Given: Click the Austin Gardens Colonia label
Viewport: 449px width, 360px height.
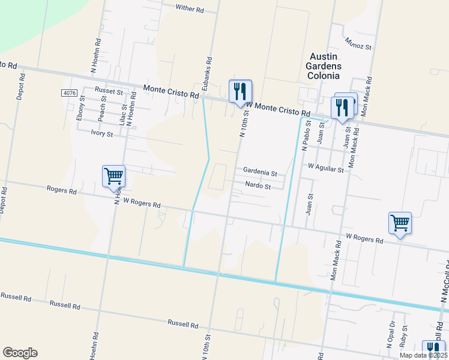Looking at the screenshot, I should click(x=323, y=65).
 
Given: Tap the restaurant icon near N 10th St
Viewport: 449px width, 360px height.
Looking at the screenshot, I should click(x=240, y=92).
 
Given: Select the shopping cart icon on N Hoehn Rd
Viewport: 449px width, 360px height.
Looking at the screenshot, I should click(x=113, y=177).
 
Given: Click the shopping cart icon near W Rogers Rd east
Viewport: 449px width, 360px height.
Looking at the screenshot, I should click(x=400, y=224).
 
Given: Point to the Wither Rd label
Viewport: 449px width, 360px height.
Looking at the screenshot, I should click(x=190, y=9).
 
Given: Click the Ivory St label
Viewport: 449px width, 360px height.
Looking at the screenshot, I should click(x=101, y=133).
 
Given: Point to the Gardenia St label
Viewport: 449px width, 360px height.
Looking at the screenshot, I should click(x=260, y=173).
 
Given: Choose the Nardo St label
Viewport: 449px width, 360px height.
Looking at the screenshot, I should click(x=259, y=187).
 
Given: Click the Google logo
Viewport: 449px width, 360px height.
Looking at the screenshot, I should click(x=20, y=353).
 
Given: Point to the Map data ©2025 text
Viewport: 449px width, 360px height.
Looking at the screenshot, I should click(x=423, y=355).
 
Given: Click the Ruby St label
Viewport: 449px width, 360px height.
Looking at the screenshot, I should click(x=405, y=337).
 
